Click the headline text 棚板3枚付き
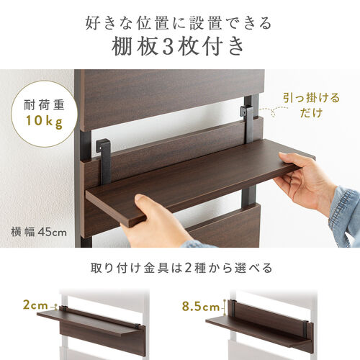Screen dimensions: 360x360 pos(179,48)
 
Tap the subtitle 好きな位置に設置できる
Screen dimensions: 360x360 pos(179,22)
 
